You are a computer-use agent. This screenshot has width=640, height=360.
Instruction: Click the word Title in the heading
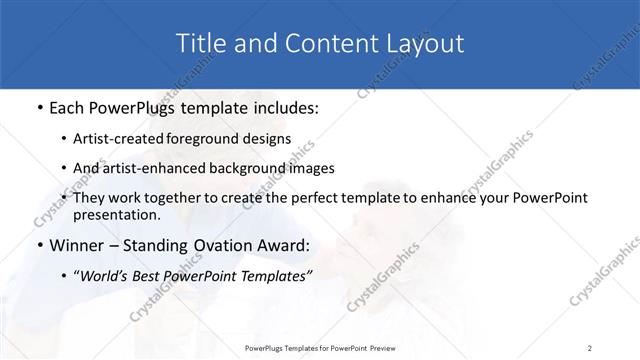pos(198,43)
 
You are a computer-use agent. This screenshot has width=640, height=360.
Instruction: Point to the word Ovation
pos(223,246)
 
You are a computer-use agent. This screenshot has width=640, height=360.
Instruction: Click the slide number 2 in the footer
pos(590,347)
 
